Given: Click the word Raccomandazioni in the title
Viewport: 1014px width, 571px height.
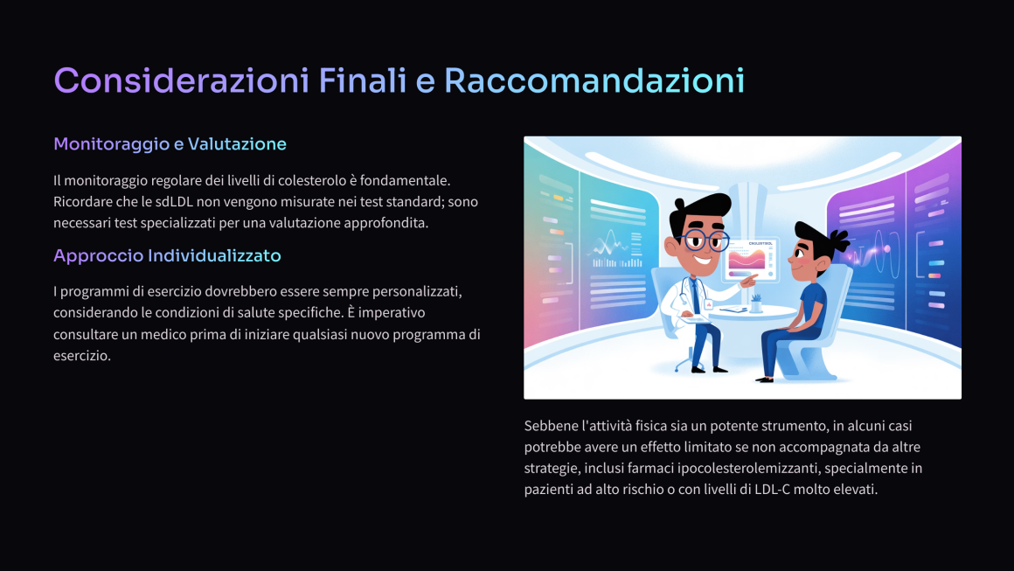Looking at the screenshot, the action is [594, 80].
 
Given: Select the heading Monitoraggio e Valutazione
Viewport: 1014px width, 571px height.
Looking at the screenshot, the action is [170, 143].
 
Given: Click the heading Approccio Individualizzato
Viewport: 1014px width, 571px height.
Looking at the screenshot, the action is [167, 255].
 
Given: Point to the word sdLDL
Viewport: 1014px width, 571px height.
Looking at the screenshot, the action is [174, 202].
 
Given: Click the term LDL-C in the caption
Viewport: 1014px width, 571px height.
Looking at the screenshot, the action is [772, 490].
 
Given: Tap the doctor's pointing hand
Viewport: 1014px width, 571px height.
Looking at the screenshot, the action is [749, 281].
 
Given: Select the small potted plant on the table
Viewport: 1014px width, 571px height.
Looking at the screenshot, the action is [755, 303].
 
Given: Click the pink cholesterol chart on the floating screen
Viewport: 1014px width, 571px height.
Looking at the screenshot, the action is [747, 259].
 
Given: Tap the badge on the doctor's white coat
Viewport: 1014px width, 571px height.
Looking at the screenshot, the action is [709, 304].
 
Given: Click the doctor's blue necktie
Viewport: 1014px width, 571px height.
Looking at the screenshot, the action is [695, 295].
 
